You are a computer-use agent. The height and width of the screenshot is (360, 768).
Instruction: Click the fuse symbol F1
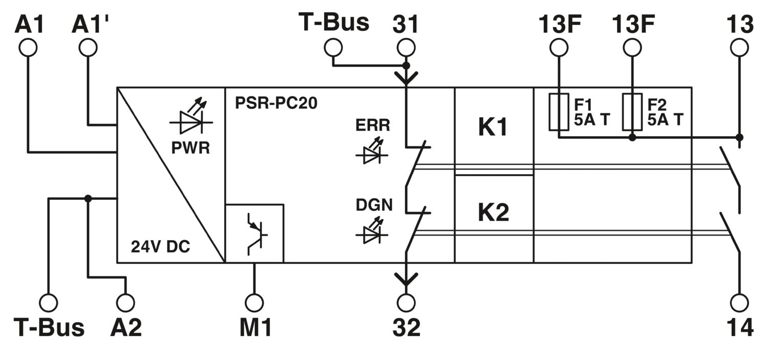click(x=559, y=112)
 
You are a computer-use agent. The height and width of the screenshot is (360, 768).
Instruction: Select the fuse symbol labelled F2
click(x=632, y=112)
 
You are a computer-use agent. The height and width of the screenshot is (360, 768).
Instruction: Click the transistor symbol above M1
click(x=257, y=235)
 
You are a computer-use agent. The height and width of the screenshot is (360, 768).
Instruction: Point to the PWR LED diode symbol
click(x=191, y=117)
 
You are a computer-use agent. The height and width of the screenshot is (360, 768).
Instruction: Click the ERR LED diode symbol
click(x=372, y=151)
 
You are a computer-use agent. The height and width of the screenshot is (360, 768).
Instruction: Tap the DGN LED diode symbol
click(x=372, y=230)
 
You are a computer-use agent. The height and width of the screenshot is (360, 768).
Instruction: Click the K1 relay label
click(x=493, y=128)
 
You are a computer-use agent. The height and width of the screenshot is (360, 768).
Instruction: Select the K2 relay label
click(x=494, y=212)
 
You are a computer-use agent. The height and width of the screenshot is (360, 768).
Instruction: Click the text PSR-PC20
click(x=276, y=103)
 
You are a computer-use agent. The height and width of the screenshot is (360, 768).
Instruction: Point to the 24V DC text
click(x=160, y=246)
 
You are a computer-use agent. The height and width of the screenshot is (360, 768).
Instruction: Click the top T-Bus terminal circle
click(x=333, y=47)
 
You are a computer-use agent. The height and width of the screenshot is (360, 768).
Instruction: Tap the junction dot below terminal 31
click(x=406, y=65)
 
